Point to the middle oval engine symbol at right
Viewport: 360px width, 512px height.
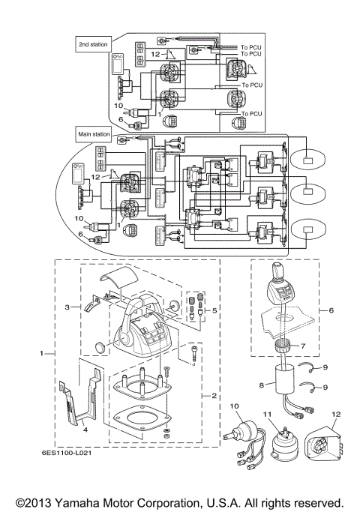(x=307, y=191)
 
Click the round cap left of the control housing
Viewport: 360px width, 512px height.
(x=103, y=346)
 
